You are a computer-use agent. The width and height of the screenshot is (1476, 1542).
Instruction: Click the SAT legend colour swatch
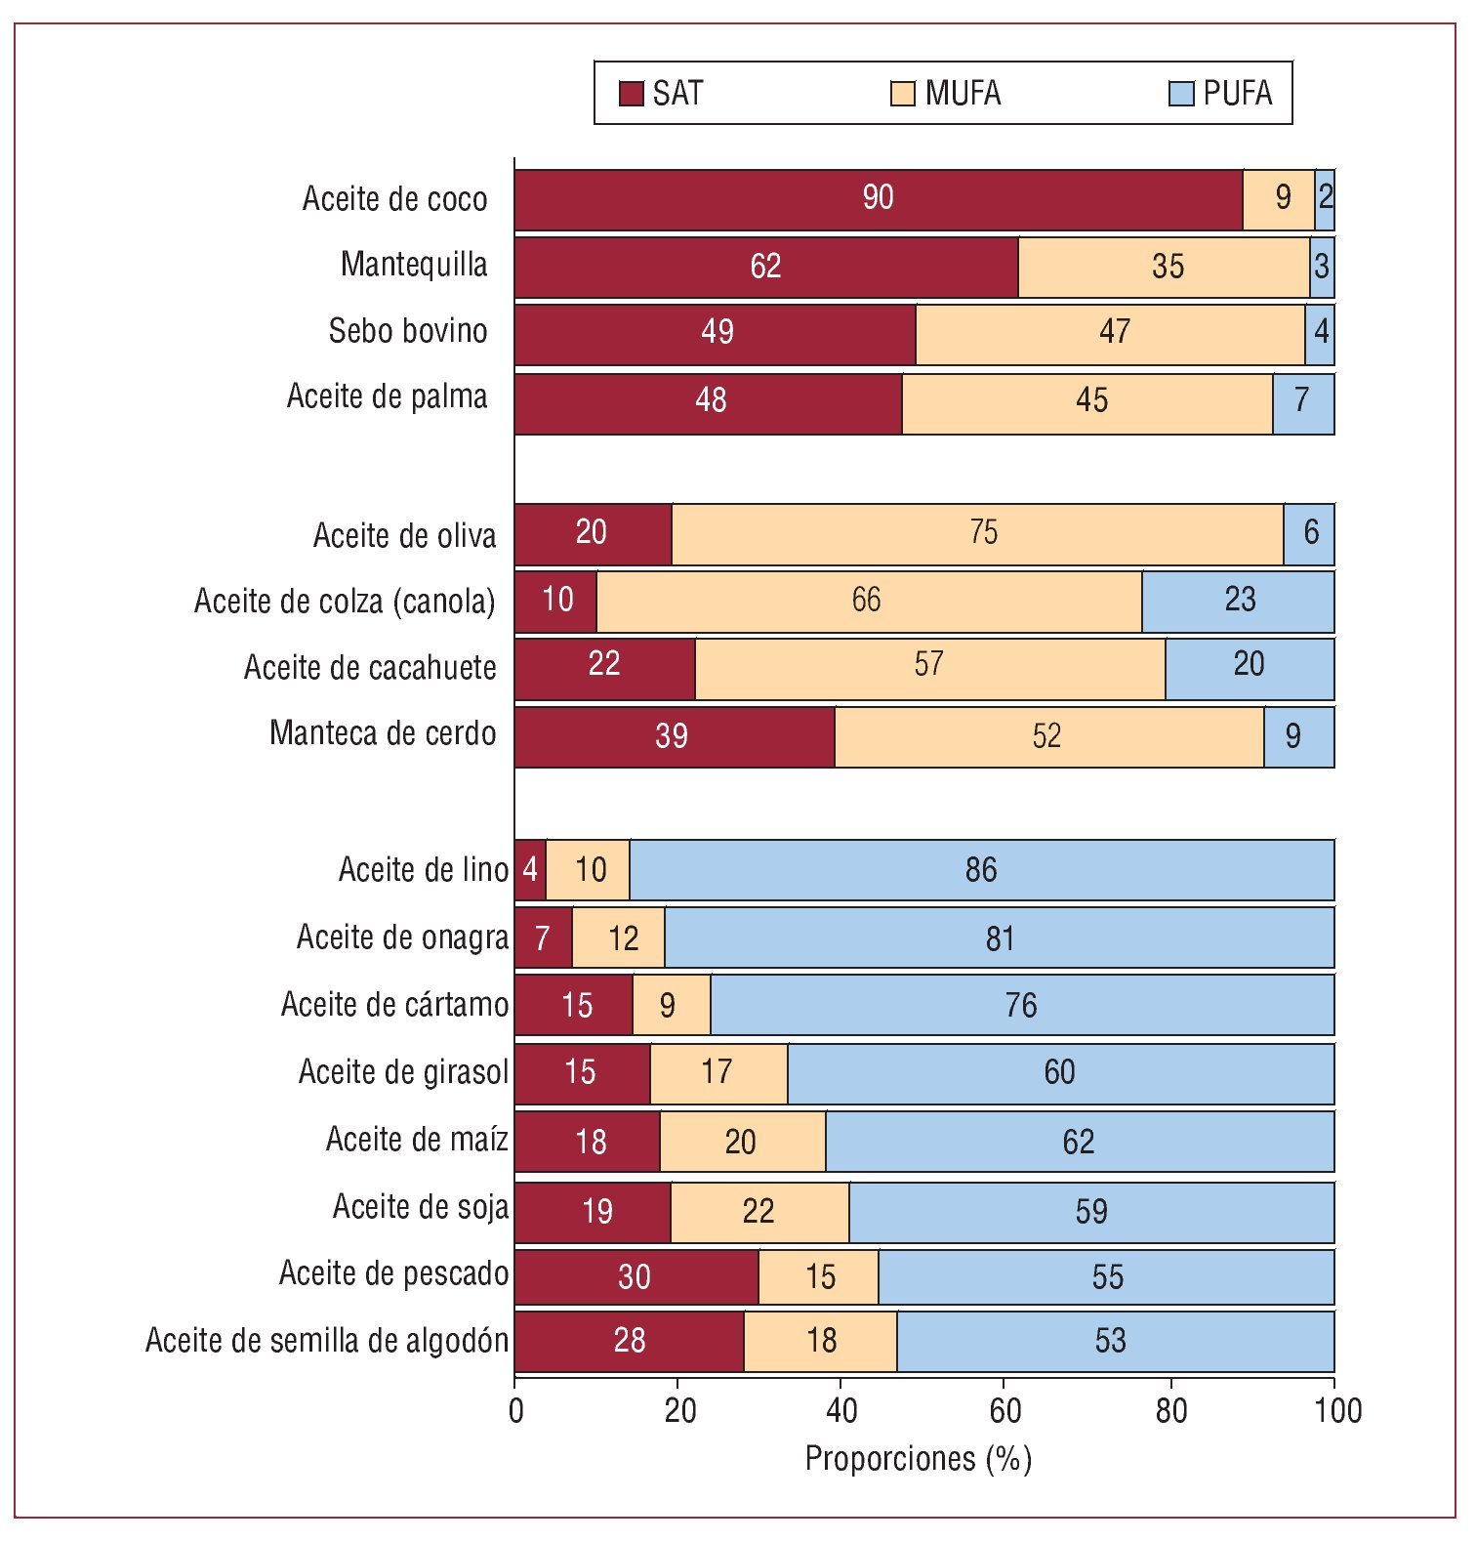tap(632, 94)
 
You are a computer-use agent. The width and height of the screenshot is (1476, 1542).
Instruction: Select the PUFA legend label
tap(1237, 94)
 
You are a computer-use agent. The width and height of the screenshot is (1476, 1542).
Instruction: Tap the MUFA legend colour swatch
tap(903, 94)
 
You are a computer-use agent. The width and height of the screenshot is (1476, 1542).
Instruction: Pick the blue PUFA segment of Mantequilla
tap(1322, 267)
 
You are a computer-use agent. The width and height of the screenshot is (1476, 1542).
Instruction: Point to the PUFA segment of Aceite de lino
tap(981, 869)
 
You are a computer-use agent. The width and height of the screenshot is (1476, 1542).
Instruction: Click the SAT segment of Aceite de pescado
tap(635, 1276)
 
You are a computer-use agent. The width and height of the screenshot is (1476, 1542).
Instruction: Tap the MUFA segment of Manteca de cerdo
tap(1048, 736)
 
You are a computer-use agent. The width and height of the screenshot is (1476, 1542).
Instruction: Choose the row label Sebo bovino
tap(408, 331)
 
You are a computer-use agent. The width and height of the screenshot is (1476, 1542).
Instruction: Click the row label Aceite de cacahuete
tap(370, 668)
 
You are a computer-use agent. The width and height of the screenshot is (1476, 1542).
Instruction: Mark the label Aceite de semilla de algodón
tap(327, 1340)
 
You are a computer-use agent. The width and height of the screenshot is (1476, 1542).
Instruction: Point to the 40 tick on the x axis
tap(841, 1410)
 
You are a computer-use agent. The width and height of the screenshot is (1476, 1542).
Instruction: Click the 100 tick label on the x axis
tap(1337, 1410)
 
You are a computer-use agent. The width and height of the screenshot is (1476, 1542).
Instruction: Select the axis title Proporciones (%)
tap(918, 1459)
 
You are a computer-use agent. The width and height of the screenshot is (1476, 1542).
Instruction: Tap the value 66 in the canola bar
tap(866, 600)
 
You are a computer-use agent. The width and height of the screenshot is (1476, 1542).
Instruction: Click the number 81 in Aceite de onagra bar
tap(1000, 938)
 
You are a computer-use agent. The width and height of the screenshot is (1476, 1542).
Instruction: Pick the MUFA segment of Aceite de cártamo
tap(671, 1005)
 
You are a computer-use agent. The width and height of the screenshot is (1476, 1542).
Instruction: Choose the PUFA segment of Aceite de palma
tap(1302, 401)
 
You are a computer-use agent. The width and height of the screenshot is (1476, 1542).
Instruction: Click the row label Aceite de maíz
tap(417, 1140)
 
